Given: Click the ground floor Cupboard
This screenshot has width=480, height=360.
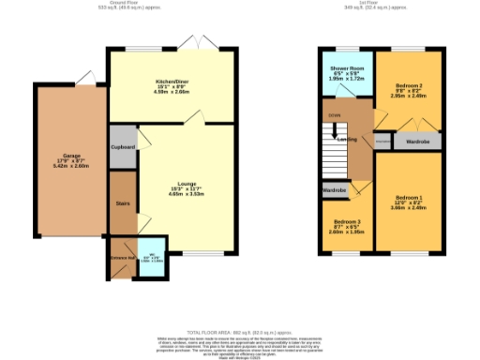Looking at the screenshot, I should pos(123,147).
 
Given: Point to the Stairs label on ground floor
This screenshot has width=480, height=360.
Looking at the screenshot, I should pos(122,201).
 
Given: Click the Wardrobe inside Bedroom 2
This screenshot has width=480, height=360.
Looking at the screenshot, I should pos(417,142).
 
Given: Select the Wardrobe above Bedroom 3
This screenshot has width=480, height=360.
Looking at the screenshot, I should pos(335,190).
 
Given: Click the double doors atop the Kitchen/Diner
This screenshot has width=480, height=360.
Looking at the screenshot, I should pos(201,45).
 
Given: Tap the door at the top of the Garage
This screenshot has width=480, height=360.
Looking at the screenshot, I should pos(84,77).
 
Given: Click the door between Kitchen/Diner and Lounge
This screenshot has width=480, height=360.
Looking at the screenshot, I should pos(194,116).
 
